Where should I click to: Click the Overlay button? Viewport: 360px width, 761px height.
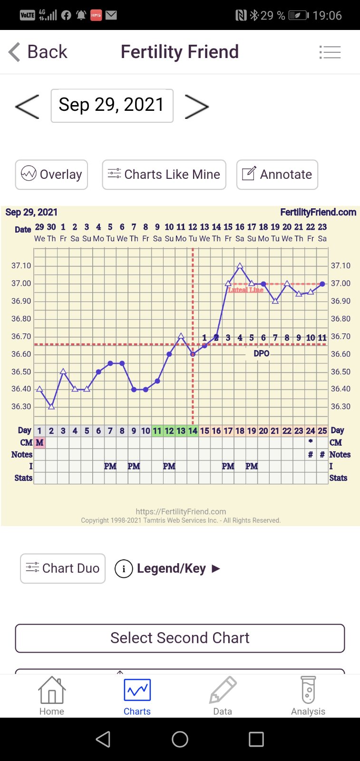(x=51, y=175)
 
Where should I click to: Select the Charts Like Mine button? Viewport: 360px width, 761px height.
(x=164, y=175)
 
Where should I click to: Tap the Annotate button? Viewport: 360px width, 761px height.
(x=277, y=175)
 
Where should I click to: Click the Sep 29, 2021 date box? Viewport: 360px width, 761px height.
(x=112, y=105)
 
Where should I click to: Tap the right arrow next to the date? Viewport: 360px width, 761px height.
(x=196, y=106)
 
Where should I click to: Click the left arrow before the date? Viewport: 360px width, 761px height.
(x=27, y=106)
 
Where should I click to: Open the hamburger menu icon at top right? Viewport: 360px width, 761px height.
(x=330, y=52)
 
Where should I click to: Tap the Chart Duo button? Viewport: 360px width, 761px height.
(x=63, y=568)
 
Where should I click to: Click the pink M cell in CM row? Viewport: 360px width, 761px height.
(x=39, y=442)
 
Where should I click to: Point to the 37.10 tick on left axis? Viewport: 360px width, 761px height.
(x=21, y=266)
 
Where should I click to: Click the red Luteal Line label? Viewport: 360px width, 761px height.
(x=245, y=290)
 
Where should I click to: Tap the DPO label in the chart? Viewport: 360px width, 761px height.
(x=261, y=353)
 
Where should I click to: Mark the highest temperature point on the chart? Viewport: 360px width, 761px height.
(x=240, y=266)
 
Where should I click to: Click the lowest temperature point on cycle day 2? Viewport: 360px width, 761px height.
(x=51, y=406)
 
